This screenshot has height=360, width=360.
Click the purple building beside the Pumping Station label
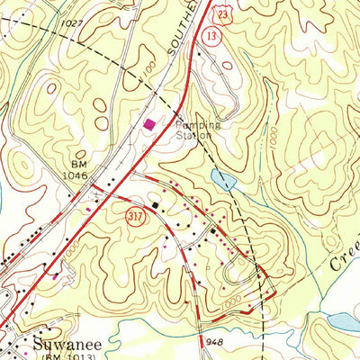(148, 122)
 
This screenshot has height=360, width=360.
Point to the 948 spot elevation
(214, 341)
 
